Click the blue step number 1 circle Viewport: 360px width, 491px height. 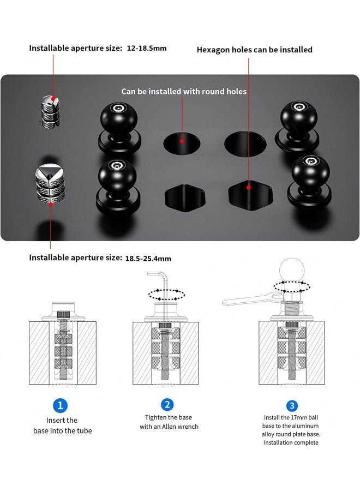[60, 405]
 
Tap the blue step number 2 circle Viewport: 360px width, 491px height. [167, 405]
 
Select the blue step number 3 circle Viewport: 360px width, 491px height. [292, 406]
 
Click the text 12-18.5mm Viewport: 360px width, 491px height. [147, 48]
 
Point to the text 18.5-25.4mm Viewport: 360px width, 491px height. [148, 259]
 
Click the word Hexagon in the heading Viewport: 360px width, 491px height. [213, 50]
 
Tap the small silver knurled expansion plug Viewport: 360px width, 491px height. [50, 111]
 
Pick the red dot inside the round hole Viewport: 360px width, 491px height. [182, 141]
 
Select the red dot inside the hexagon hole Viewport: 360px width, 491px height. [249, 188]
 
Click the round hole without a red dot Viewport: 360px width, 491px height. [245, 144]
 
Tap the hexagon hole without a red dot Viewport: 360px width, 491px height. [185, 198]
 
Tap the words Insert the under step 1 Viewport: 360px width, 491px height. [62, 420]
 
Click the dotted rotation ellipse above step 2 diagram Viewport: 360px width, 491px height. [166, 295]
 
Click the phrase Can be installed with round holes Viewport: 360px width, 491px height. [184, 92]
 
